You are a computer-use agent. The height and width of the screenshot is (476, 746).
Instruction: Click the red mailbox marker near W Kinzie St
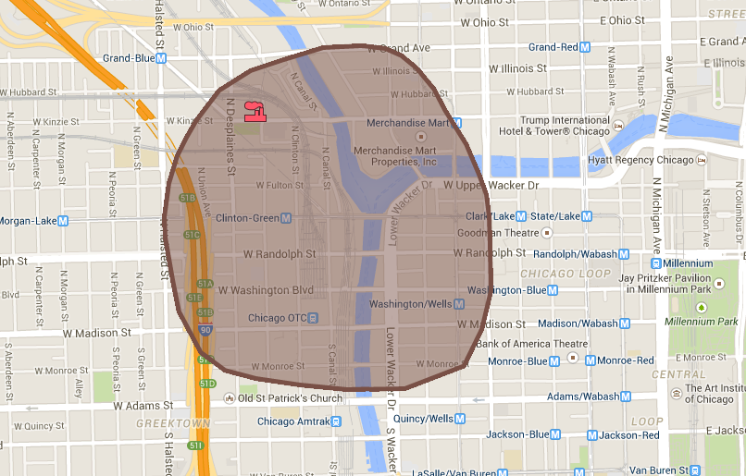point(254,111)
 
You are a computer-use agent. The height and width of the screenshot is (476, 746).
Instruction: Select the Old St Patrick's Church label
point(289,398)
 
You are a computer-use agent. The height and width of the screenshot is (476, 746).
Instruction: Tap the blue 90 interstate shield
point(205,329)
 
